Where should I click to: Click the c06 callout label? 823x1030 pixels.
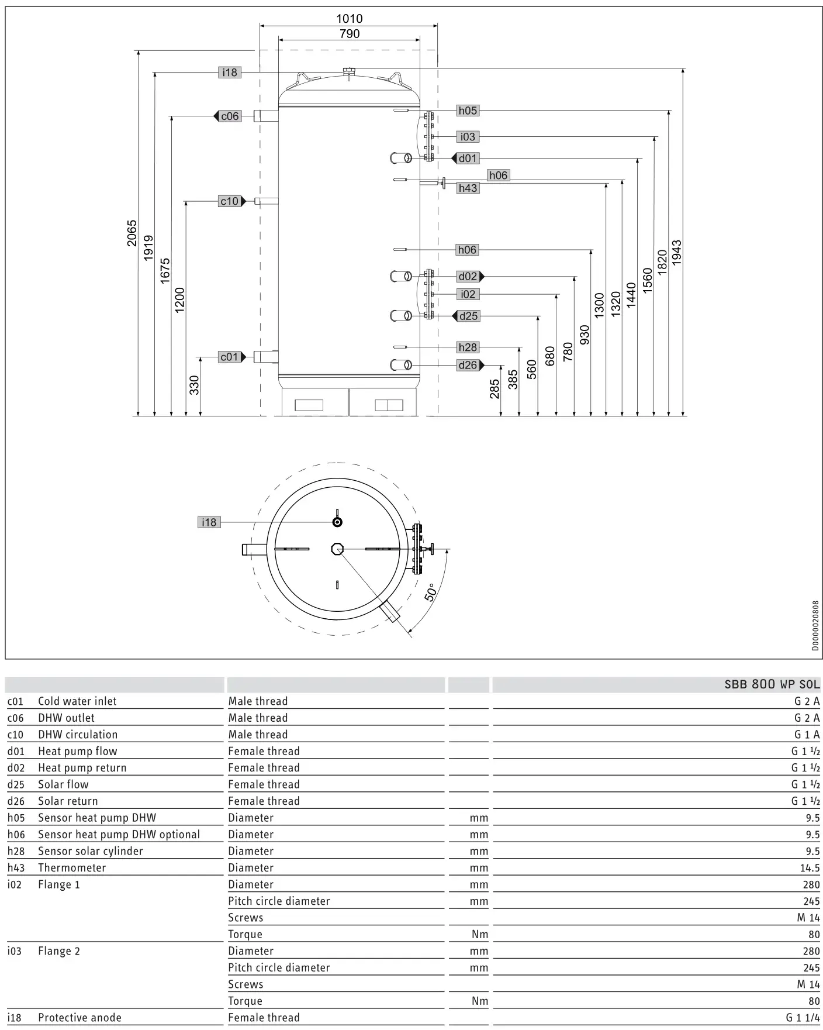coord(230,116)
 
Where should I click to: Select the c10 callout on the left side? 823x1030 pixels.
coord(229,201)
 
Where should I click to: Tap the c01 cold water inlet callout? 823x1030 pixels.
coord(229,357)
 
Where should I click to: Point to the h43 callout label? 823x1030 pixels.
coord(468,188)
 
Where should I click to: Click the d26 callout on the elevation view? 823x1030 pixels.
coord(468,366)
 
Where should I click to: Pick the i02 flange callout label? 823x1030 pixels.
coord(468,294)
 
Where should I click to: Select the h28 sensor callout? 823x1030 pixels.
coord(468,347)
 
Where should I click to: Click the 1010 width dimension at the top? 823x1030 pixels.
coord(349,19)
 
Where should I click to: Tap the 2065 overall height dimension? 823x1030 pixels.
coord(132,233)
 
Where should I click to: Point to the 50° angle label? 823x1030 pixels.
coord(431,592)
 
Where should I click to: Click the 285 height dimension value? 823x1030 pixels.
coord(495,389)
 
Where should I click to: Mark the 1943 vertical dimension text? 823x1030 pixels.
coord(677,253)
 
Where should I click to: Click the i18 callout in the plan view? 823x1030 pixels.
coord(209,522)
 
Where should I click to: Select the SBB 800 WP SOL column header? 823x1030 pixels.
coord(772,684)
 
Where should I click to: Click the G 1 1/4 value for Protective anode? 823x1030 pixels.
coord(803,1018)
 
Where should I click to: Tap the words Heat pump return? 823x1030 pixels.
coord(82,768)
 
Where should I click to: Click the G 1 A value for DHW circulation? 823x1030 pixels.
coord(807,735)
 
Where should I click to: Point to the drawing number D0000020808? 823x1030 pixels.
coord(815,625)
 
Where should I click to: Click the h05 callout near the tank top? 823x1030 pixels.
coord(468,111)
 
